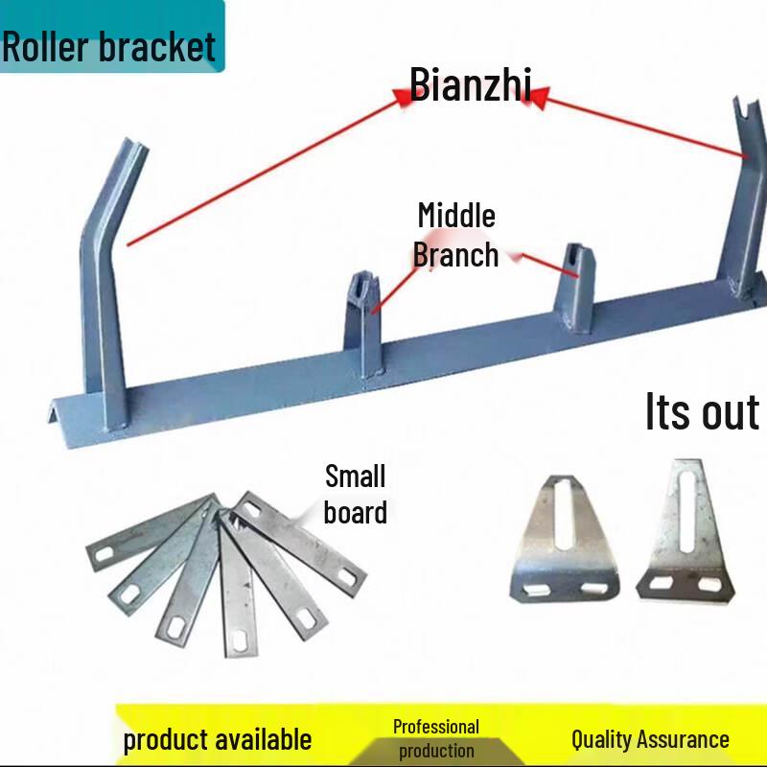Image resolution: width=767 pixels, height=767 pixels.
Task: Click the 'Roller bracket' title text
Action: tap(108, 47)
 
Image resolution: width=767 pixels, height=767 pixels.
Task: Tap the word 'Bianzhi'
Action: tap(470, 84)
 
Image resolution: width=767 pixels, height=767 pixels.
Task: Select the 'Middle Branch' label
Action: tap(456, 235)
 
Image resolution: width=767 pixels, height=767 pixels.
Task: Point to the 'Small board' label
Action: tap(356, 494)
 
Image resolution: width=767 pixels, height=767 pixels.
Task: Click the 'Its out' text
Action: tap(703, 411)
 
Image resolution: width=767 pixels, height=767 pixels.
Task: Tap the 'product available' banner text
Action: tap(218, 739)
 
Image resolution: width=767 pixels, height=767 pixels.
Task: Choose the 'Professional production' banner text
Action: tap(436, 738)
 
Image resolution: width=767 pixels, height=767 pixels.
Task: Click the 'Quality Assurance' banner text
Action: tap(650, 739)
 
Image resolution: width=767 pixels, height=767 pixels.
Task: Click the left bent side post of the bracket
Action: tap(105, 284)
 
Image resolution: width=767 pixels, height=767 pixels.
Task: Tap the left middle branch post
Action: tap(363, 324)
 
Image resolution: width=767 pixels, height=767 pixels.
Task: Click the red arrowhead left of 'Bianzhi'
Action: tap(404, 97)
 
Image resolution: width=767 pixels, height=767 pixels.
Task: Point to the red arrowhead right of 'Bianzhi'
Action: tap(539, 98)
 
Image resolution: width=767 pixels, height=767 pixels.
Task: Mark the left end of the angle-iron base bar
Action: tap(51, 416)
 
